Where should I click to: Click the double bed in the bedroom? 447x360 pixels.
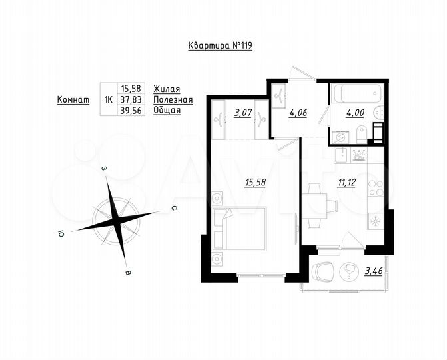coord(240,228)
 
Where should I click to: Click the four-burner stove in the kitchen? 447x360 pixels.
coord(376,188)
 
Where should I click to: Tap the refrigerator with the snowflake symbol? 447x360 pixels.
coord(374,221)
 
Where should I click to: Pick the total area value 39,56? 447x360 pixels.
coord(131,111)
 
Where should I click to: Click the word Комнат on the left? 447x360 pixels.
coord(73,99)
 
